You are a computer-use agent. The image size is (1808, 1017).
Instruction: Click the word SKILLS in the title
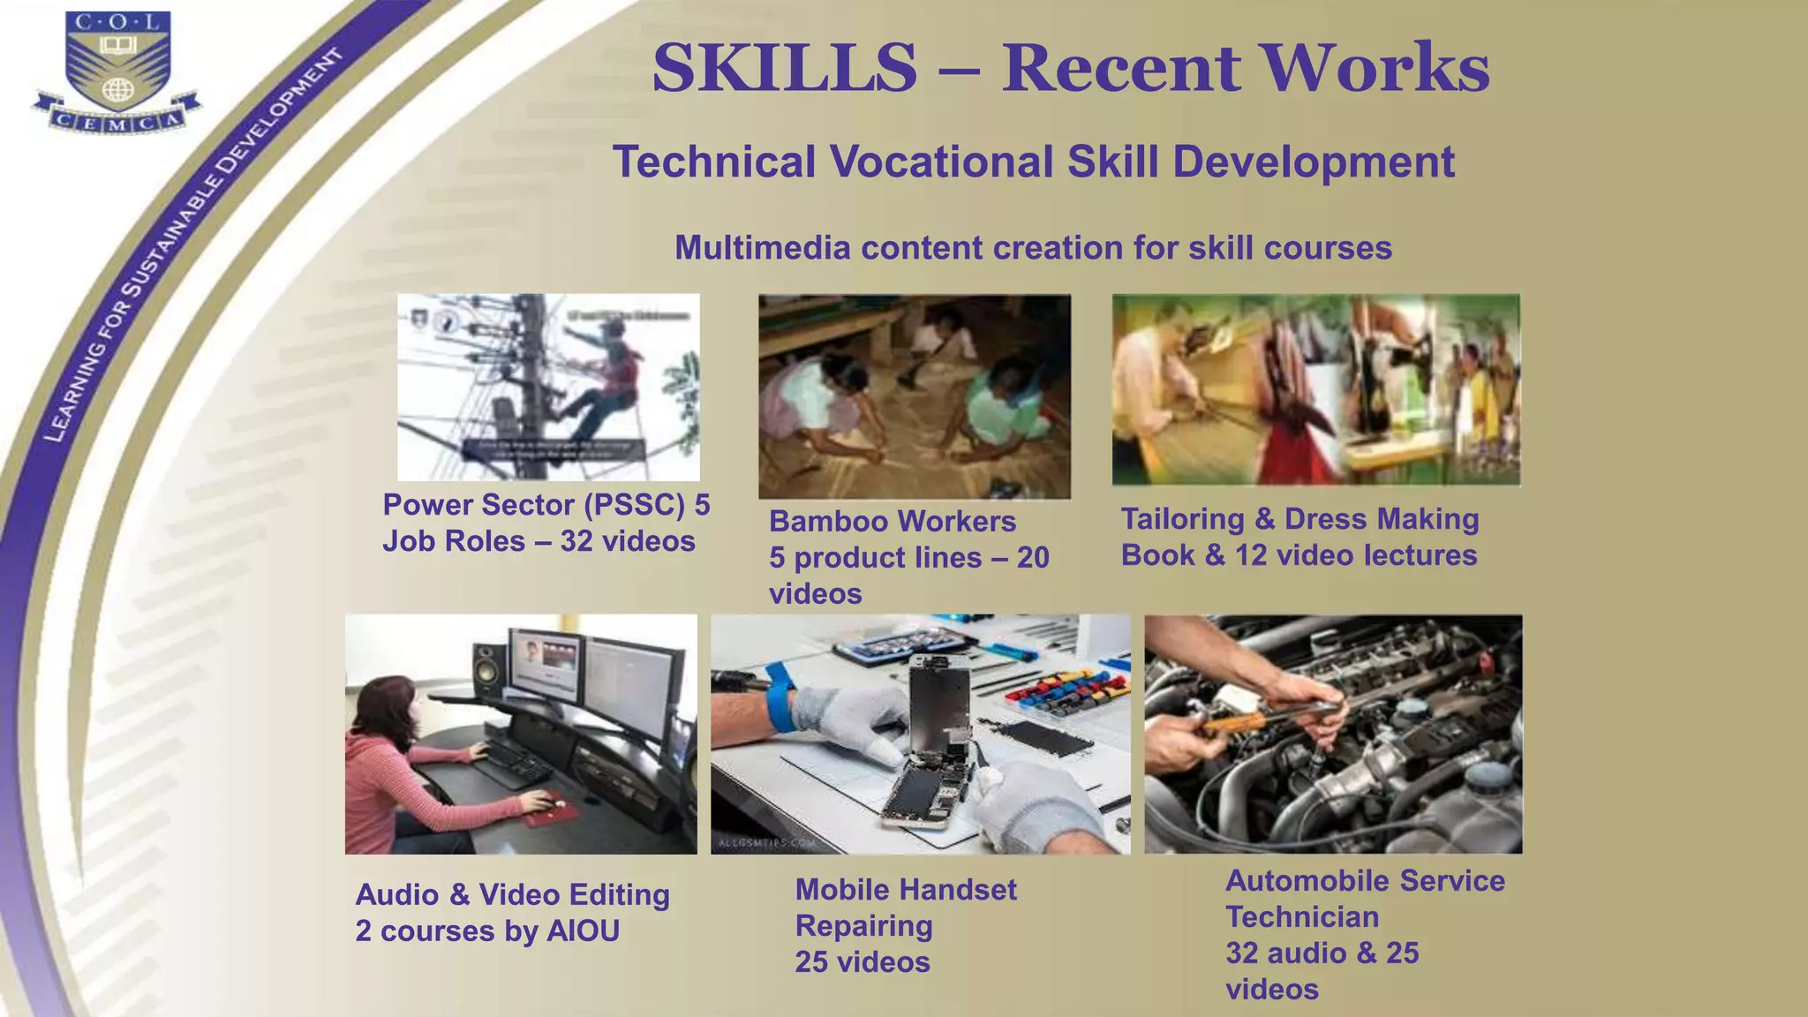click(784, 69)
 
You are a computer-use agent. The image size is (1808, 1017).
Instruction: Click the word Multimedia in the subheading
click(763, 248)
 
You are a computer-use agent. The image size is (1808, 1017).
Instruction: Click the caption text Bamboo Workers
click(892, 521)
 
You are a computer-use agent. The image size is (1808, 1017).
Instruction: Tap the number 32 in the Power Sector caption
click(576, 541)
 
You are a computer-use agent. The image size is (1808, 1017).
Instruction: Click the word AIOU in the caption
click(583, 931)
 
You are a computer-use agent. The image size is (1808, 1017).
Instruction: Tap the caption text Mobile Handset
click(906, 890)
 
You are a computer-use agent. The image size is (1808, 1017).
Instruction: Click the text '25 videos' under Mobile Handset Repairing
click(862, 962)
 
